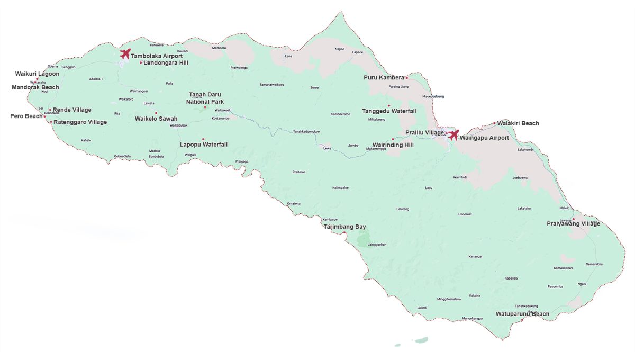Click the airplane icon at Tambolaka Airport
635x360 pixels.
[x=125, y=53]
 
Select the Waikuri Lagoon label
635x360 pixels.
[x=37, y=74]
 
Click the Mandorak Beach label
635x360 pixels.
[x=35, y=87]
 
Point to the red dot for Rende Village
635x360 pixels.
[x=50, y=110]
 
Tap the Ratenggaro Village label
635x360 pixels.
[x=80, y=122]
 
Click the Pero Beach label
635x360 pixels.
[x=26, y=116]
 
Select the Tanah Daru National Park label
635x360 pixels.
[x=206, y=98]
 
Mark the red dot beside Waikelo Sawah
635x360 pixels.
[x=156, y=113]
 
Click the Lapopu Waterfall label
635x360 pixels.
[x=204, y=145]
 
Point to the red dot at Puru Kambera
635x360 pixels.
[x=406, y=78]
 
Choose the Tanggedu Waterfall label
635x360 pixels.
[x=389, y=111]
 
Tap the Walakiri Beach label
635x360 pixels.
[x=518, y=123]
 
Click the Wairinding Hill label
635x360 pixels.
[x=393, y=145]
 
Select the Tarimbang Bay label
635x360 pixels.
[x=344, y=227]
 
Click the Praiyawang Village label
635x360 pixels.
[x=573, y=224]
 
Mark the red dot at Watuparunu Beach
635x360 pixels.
[x=522, y=319]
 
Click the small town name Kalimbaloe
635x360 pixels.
[x=340, y=188]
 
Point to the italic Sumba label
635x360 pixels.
[x=353, y=145]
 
